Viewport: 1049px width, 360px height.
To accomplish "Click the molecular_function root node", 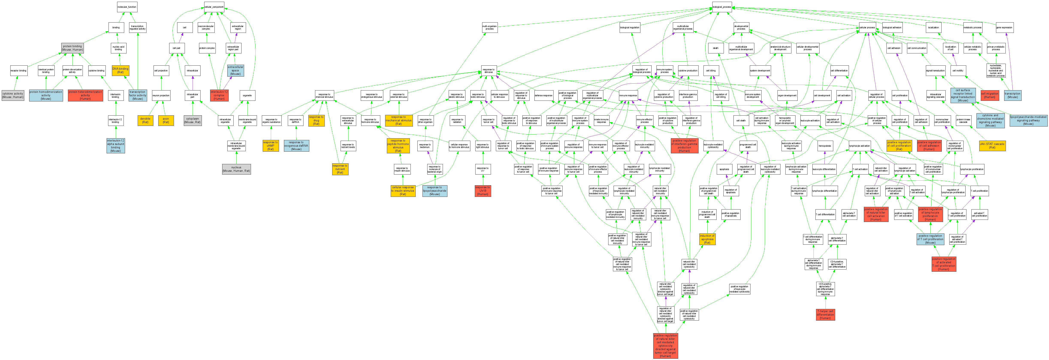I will tap(127, 7).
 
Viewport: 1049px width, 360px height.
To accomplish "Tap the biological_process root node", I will tap(721, 7).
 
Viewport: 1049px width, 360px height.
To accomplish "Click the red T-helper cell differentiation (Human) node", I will tap(825, 314).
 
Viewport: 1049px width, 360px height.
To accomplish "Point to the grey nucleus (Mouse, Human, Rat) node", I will tap(236, 169).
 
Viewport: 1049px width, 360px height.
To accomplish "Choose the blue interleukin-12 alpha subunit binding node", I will tap(116, 145).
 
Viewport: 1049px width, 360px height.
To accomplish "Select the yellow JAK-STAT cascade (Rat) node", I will tap(992, 145).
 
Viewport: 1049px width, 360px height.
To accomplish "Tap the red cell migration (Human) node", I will tap(990, 95).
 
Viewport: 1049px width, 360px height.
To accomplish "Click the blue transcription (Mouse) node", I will tap(1012, 95).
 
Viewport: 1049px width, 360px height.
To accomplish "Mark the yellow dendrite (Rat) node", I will tap(145, 121).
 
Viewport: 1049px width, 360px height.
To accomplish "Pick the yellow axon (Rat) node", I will tap(166, 121).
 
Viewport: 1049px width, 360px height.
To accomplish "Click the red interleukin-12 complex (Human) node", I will tap(219, 95).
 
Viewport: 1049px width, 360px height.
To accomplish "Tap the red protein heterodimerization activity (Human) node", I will tap(85, 95).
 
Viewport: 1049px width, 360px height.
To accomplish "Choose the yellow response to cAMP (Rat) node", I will tap(270, 145).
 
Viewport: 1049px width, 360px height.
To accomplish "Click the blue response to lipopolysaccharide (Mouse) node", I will tap(435, 191).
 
